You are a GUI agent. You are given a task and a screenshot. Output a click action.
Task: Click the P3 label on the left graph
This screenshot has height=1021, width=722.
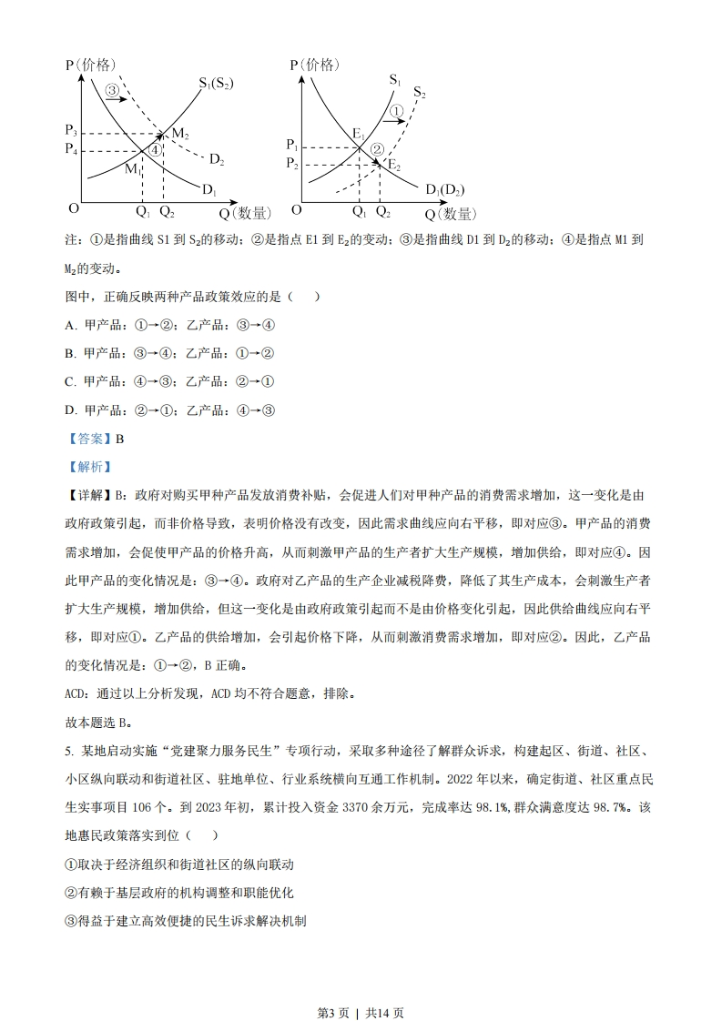coord(72,131)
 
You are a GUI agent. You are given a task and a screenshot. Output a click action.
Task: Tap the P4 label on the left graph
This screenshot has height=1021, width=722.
coord(72,148)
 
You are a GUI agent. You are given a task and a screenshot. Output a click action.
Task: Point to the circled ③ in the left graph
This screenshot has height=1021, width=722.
coord(112,90)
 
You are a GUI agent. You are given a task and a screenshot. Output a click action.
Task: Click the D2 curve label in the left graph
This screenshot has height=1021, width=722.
coord(216,160)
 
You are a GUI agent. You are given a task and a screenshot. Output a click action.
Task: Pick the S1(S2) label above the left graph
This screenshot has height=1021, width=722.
coord(216,83)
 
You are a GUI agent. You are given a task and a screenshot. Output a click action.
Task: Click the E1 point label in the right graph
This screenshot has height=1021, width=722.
coord(359,136)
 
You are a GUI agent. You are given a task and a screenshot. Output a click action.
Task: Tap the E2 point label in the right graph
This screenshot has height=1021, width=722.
coord(393,164)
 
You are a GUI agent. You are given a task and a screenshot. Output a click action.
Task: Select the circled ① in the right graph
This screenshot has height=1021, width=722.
coord(395,110)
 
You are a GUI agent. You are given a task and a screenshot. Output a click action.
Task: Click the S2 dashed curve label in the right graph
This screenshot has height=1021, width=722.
coord(419,92)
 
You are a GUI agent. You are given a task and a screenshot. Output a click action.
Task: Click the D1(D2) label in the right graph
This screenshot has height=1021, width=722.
coord(444,189)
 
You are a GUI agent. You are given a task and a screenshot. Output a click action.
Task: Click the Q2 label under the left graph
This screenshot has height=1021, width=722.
coord(166,212)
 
